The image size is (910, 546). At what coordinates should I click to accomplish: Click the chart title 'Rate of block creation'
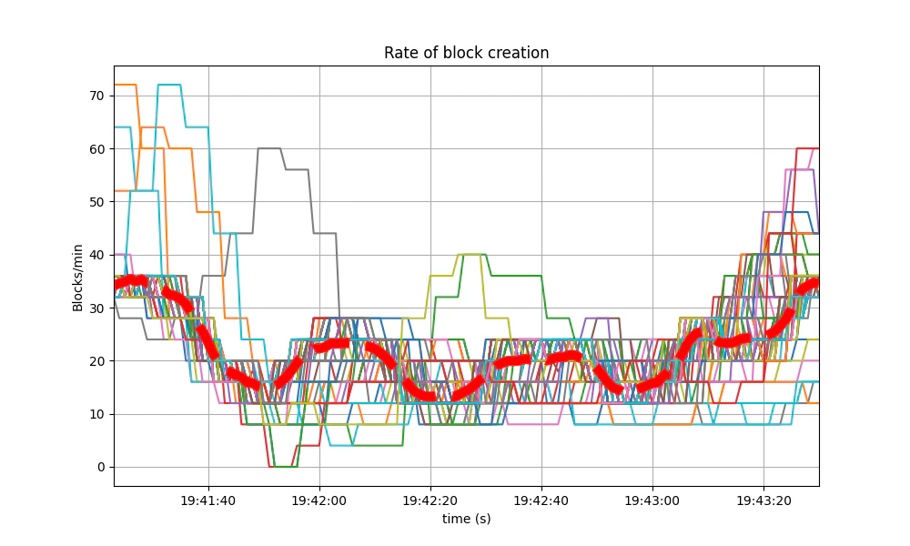pyautogui.click(x=466, y=53)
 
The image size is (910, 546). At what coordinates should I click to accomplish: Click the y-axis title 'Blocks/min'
pyautogui.click(x=78, y=275)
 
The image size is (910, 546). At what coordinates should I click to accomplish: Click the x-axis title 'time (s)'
pyautogui.click(x=466, y=518)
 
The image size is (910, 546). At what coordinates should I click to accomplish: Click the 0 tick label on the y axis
pyautogui.click(x=101, y=467)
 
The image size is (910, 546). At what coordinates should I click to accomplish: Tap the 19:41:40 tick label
pyautogui.click(x=208, y=500)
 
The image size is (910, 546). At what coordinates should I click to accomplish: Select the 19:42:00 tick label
pyautogui.click(x=319, y=500)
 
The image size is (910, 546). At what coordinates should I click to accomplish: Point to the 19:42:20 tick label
pyautogui.click(x=430, y=500)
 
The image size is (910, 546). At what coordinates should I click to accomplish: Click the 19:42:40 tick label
pyautogui.click(x=541, y=500)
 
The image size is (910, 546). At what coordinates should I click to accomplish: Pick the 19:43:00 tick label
pyautogui.click(x=652, y=500)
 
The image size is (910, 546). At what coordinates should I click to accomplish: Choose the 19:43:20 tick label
pyautogui.click(x=763, y=500)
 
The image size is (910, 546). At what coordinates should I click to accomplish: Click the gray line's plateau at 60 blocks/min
pyautogui.click(x=269, y=148)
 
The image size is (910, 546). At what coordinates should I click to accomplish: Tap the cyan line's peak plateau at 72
pyautogui.click(x=169, y=85)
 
